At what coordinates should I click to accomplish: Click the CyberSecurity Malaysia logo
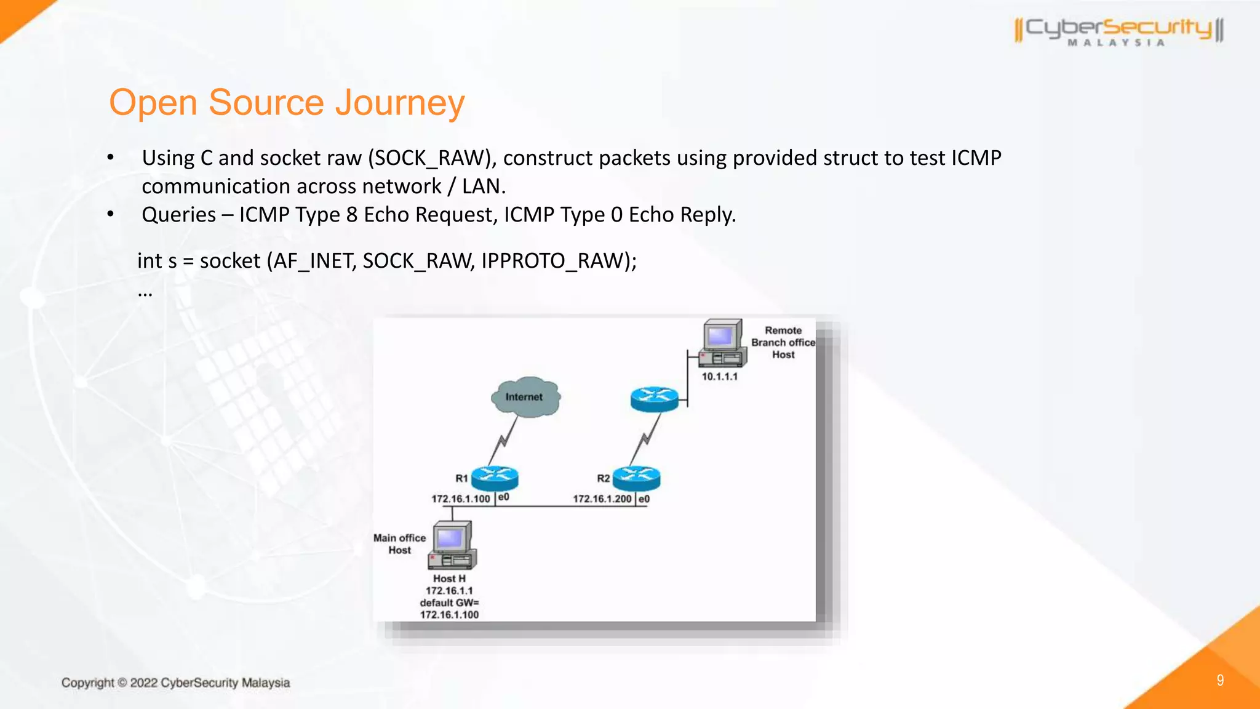(1118, 31)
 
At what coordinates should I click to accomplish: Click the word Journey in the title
(399, 103)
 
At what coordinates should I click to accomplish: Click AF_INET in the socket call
(313, 261)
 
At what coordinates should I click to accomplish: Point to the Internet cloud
(525, 397)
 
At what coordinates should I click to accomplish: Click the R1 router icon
(495, 478)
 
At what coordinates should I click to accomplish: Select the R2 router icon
(637, 478)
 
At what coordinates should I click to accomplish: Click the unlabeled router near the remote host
(654, 399)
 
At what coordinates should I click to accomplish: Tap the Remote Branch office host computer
(722, 343)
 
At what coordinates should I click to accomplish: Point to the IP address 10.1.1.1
(719, 377)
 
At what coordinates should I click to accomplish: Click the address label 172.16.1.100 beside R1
(460, 499)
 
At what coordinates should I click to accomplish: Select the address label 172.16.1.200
(602, 499)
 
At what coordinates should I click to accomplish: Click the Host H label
(449, 579)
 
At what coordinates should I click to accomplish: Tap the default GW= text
(449, 603)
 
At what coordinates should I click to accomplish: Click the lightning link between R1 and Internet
(503, 440)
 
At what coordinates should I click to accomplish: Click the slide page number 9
(1220, 680)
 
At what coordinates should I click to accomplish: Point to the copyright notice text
(175, 683)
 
